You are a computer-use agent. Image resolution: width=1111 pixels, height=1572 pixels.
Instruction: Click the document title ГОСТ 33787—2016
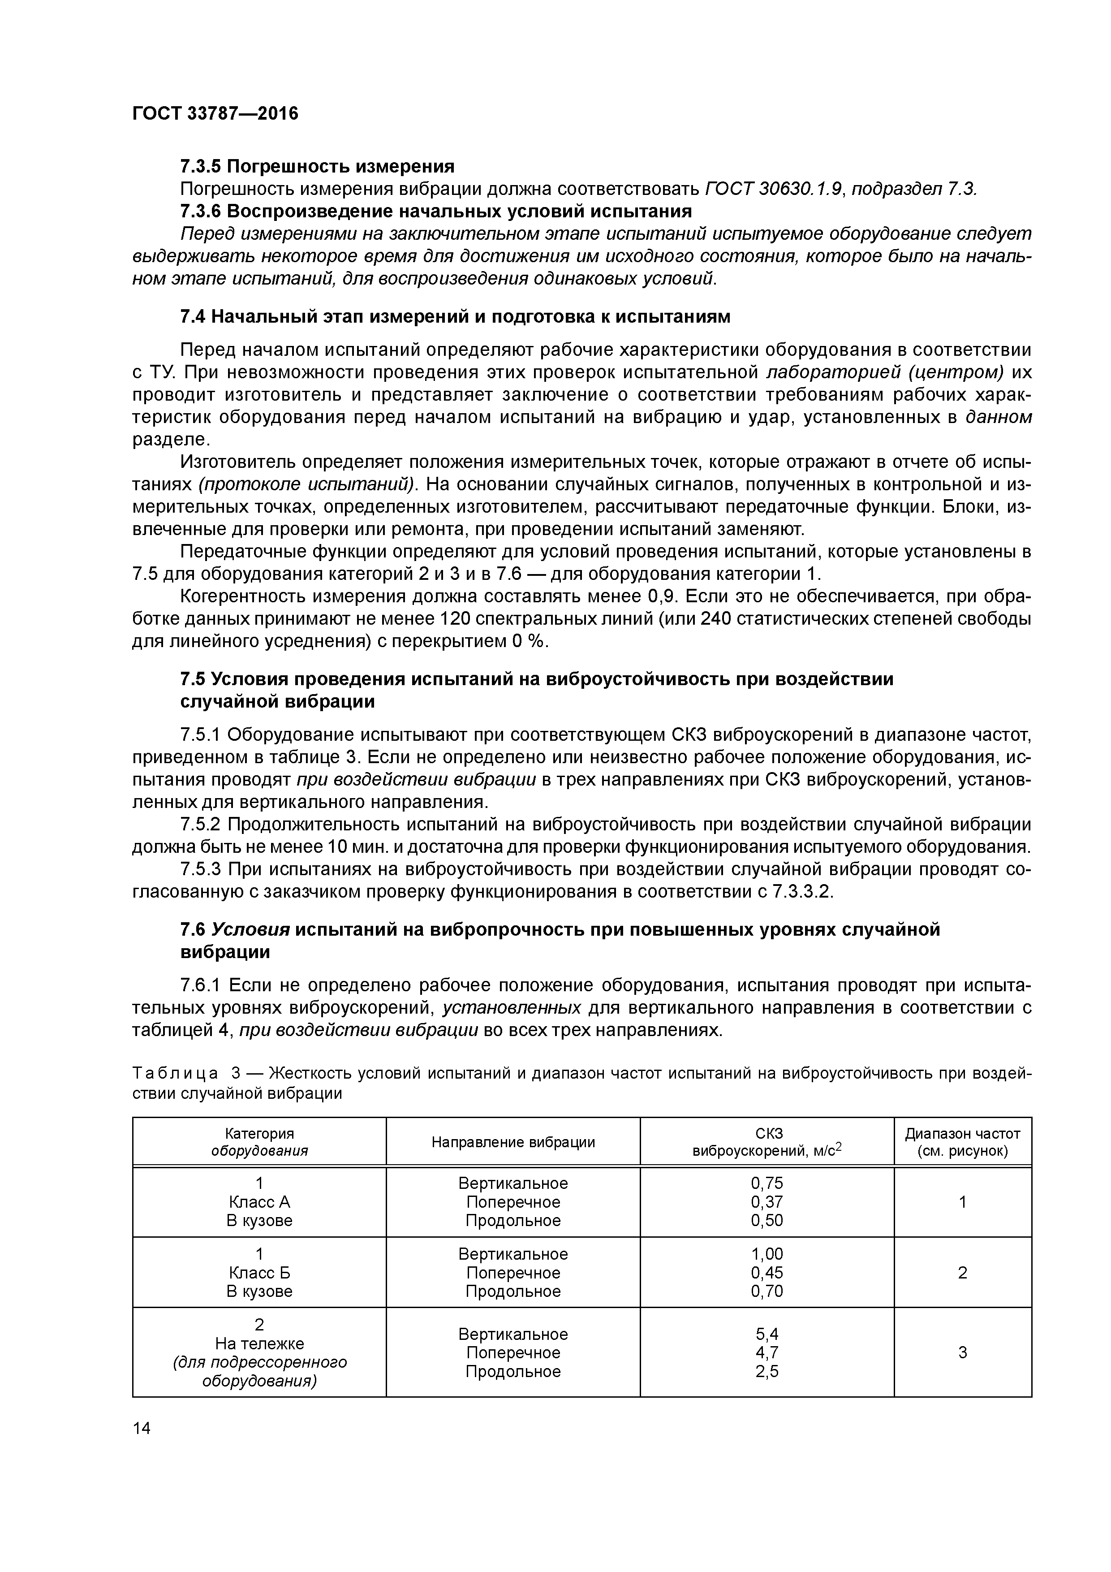point(215,114)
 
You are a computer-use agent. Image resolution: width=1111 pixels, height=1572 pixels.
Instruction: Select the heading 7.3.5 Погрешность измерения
point(317,166)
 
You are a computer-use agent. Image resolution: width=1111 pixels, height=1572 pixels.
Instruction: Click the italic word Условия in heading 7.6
point(250,929)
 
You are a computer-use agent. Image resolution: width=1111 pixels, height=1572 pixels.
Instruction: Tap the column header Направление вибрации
point(512,1142)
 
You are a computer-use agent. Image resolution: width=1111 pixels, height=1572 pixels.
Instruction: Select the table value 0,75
point(767,1183)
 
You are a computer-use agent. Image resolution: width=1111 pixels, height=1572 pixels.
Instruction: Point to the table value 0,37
point(767,1201)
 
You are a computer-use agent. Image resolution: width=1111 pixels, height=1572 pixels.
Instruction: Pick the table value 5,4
point(767,1334)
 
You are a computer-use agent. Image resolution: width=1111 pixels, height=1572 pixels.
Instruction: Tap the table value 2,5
point(767,1371)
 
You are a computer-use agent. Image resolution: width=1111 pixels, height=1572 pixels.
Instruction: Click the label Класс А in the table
point(259,1201)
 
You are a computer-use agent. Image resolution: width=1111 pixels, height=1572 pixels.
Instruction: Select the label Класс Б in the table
point(259,1272)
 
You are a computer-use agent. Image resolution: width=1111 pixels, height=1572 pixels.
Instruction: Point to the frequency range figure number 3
point(962,1352)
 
